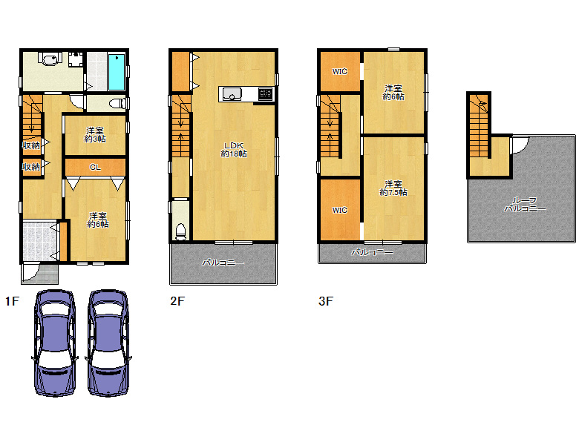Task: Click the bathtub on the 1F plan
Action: (x=117, y=72)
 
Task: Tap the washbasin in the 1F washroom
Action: (x=49, y=59)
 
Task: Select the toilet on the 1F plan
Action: (x=118, y=103)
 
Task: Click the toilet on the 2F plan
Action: (x=180, y=232)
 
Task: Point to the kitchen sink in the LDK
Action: (x=232, y=94)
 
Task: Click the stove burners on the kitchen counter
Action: (x=266, y=94)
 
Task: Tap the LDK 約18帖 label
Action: (x=234, y=150)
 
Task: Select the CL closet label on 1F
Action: (x=95, y=167)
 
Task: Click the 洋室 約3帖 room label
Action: (x=95, y=135)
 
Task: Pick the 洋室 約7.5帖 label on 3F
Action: (x=393, y=188)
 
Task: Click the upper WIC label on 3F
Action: (x=340, y=72)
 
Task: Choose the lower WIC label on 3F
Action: (x=340, y=211)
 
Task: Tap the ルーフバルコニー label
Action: (x=525, y=205)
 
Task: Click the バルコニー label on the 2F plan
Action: (x=223, y=263)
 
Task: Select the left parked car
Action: (x=55, y=343)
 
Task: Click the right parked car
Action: (x=108, y=343)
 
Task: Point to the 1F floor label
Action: (x=12, y=301)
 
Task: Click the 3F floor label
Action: (x=326, y=301)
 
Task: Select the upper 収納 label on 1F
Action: (x=31, y=145)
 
